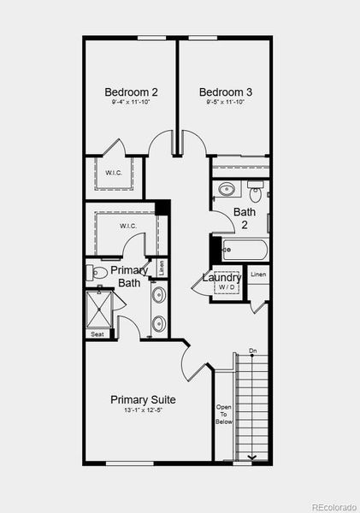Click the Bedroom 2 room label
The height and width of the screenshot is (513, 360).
(x=131, y=92)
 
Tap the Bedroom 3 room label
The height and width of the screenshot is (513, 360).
(x=226, y=92)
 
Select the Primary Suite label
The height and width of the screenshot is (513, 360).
(x=144, y=399)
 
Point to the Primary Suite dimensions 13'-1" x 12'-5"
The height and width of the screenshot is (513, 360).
(x=144, y=410)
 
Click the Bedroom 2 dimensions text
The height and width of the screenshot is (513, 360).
(x=131, y=103)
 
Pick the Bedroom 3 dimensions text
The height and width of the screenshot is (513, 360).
(x=226, y=103)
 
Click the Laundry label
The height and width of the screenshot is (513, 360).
(x=221, y=277)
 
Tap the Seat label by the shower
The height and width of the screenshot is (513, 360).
(x=97, y=334)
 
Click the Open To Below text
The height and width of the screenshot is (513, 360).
(x=223, y=414)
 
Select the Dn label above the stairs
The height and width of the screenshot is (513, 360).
(x=253, y=351)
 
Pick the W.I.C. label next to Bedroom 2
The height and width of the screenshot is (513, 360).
(x=114, y=173)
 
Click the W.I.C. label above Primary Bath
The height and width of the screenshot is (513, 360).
(x=128, y=226)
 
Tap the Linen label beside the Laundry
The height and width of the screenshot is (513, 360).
(x=258, y=274)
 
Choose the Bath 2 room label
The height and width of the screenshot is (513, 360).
(x=245, y=218)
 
